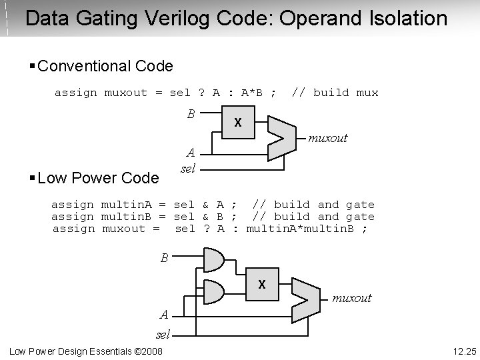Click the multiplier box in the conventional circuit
click(x=237, y=123)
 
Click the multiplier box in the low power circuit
click(x=261, y=285)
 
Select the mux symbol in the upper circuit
click(x=280, y=137)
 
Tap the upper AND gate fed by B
click(x=213, y=260)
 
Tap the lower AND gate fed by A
click(x=213, y=291)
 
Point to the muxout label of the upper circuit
click(x=327, y=138)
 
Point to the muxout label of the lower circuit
click(x=351, y=298)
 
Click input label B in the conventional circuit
click(x=190, y=114)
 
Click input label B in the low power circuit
click(x=164, y=258)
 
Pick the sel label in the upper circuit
click(x=188, y=169)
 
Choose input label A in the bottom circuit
click(x=163, y=315)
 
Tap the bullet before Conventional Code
click(x=33, y=66)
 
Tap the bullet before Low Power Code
click(x=33, y=178)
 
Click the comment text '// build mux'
click(x=335, y=93)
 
